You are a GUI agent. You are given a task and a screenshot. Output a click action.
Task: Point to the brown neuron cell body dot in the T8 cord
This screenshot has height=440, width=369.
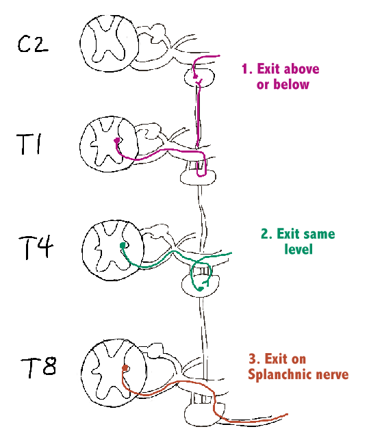tap(124, 368)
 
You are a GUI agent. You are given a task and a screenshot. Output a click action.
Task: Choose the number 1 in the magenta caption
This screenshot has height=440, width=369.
tap(244, 69)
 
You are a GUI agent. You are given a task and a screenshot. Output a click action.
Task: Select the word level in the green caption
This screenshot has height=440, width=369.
tap(298, 249)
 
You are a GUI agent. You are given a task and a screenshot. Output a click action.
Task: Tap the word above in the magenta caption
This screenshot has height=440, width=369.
tap(301, 69)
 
